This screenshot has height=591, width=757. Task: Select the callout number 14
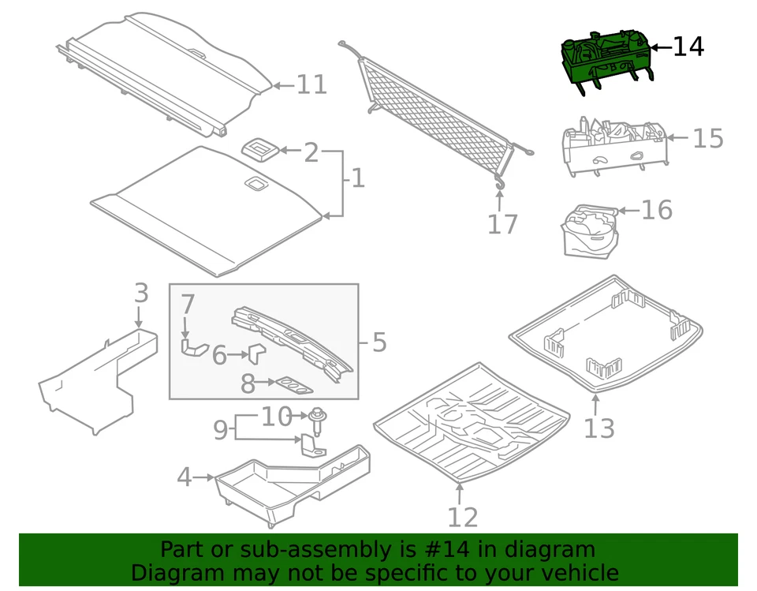point(688,47)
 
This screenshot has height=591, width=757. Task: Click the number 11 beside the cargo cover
point(311,84)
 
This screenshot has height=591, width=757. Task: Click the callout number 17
point(502,224)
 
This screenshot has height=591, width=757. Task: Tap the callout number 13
point(599,428)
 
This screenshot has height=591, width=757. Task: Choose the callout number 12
point(463,517)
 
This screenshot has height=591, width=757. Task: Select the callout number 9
point(221,430)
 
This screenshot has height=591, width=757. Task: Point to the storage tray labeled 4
point(292,481)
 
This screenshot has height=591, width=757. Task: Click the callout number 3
point(140,294)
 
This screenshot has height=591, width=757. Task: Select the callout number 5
point(378,342)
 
